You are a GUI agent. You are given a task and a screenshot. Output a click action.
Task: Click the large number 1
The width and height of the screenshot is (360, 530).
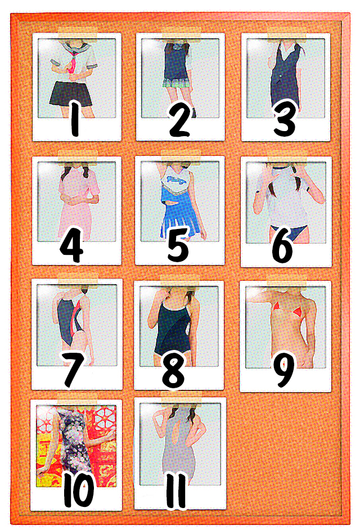click(75, 118)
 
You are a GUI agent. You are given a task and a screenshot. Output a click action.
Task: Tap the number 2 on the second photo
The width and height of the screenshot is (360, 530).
click(179, 118)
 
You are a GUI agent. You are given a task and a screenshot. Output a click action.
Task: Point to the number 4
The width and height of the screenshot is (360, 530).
click(71, 245)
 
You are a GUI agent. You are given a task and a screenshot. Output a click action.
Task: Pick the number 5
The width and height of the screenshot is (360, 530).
click(178, 244)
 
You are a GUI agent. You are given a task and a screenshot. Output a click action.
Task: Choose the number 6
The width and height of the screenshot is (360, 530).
click(282, 245)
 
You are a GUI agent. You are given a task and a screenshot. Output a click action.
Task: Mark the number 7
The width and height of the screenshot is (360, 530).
click(73, 369)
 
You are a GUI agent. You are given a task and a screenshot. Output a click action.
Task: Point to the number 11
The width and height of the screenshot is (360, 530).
click(177, 490)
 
